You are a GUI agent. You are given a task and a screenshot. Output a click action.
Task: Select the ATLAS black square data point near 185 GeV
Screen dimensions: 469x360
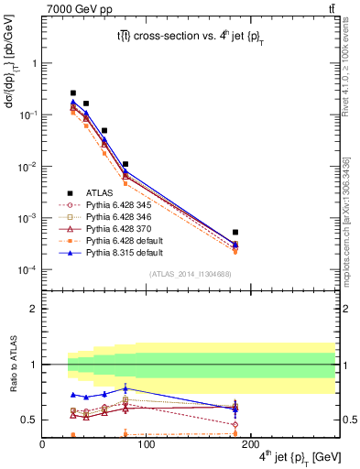tap(235, 233)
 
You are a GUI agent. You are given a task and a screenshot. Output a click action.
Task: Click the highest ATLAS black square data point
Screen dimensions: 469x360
tap(73, 93)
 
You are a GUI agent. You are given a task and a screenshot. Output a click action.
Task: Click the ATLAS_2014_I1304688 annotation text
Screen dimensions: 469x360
tap(189, 275)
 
